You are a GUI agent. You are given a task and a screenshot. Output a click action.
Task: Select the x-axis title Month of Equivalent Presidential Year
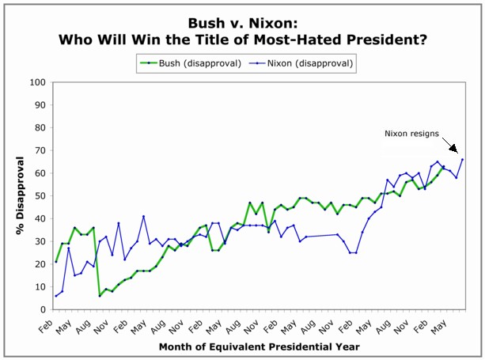[259, 347]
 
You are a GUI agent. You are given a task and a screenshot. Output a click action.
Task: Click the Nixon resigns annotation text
[412, 134]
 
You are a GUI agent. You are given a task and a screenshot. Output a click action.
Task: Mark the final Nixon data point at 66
[463, 159]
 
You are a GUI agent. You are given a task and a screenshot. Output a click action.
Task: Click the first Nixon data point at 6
[55, 296]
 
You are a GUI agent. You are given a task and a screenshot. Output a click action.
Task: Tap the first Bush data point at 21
[55, 262]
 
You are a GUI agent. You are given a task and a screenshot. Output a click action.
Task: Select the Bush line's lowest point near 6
[100, 296]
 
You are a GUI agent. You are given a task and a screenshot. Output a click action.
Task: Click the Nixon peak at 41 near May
[143, 216]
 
